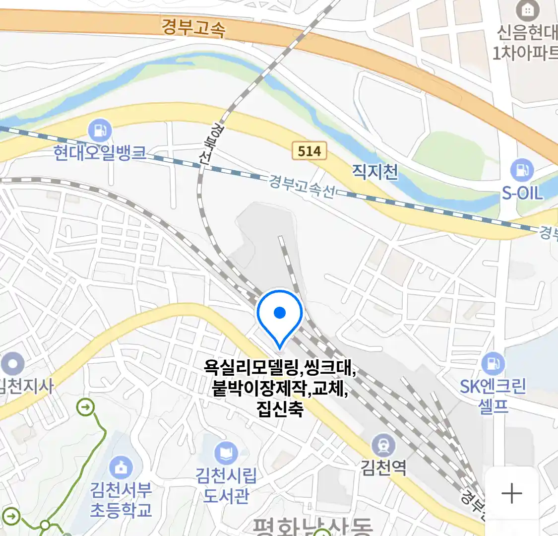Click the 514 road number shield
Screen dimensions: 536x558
[310, 151]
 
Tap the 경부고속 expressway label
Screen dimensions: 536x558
[193, 27]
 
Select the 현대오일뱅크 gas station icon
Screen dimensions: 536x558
[100, 131]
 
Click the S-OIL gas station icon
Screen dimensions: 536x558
[522, 170]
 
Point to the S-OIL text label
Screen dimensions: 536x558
[522, 193]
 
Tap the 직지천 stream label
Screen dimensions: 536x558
[375, 172]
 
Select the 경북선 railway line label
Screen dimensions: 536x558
[211, 144]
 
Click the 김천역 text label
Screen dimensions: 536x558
[383, 467]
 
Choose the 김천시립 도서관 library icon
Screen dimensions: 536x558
[226, 454]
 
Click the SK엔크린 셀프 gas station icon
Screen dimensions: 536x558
[493, 364]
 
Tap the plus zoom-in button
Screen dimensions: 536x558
[512, 494]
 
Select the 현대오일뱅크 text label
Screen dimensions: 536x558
[100, 152]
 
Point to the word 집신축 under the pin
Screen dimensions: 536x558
[280, 409]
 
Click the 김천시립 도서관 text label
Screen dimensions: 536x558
[226, 485]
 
